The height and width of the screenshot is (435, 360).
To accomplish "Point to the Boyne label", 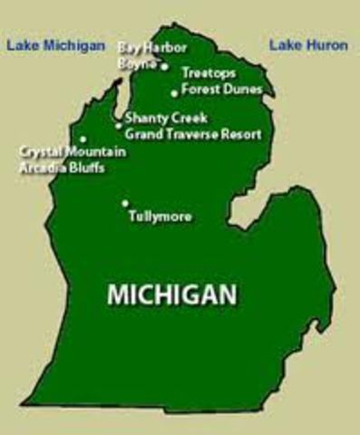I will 136,64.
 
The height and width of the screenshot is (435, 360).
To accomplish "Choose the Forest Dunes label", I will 222,89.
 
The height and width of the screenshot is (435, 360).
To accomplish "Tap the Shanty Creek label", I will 166,118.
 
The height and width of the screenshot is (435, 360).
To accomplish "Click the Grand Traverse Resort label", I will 193,134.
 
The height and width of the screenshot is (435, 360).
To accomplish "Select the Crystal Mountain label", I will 73,152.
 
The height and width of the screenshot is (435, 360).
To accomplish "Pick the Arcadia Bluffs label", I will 61,168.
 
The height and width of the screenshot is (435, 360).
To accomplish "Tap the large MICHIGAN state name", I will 172,294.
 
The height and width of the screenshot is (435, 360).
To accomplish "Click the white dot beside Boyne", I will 164,65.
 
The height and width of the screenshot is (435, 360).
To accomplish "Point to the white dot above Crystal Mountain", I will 83,140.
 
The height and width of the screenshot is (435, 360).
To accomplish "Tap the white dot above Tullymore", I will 125,203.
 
